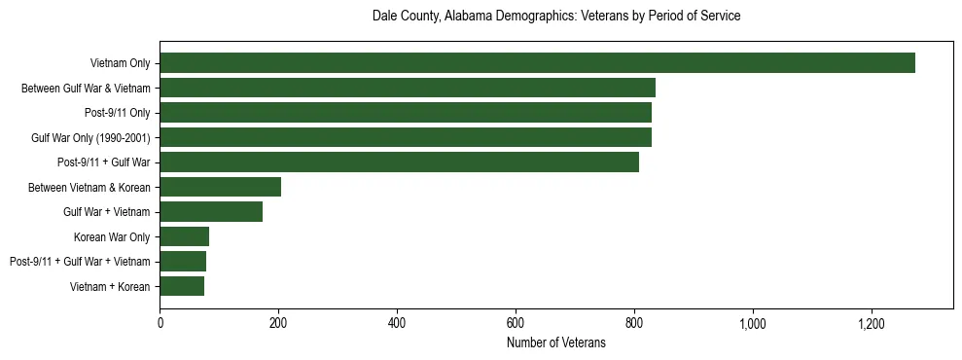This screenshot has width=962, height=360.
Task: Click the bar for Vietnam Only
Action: pyautogui.click(x=537, y=63)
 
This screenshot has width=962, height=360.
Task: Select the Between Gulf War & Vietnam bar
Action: pyautogui.click(x=408, y=88)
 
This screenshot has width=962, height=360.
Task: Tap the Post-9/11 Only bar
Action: pyautogui.click(x=406, y=113)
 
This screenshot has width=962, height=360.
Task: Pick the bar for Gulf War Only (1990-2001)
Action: pyautogui.click(x=406, y=137)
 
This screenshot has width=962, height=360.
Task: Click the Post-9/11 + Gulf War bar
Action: pyautogui.click(x=399, y=162)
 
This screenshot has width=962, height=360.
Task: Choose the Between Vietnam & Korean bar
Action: pyautogui.click(x=221, y=187)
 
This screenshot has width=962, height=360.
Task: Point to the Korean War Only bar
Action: pyautogui.click(x=185, y=236)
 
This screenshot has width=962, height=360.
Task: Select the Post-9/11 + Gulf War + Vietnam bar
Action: pyautogui.click(x=183, y=262)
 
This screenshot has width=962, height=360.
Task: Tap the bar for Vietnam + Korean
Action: pyautogui.click(x=182, y=286)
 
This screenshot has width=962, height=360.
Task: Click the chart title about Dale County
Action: pyautogui.click(x=556, y=17)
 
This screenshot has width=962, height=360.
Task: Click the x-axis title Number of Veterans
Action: pyautogui.click(x=556, y=342)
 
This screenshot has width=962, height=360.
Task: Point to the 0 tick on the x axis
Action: pyautogui.click(x=160, y=323)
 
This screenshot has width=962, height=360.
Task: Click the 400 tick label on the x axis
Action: pyautogui.click(x=397, y=323)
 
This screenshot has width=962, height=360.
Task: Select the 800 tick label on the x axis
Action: pyautogui.click(x=634, y=323)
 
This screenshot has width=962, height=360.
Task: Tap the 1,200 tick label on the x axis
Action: pyautogui.click(x=872, y=323)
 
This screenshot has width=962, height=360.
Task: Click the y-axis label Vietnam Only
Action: pyautogui.click(x=120, y=63)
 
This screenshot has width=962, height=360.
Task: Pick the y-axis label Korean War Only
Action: pyautogui.click(x=112, y=236)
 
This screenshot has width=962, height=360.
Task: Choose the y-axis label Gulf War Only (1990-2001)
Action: pyautogui.click(x=90, y=137)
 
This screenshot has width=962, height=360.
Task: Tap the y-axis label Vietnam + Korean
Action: pyautogui.click(x=110, y=286)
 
